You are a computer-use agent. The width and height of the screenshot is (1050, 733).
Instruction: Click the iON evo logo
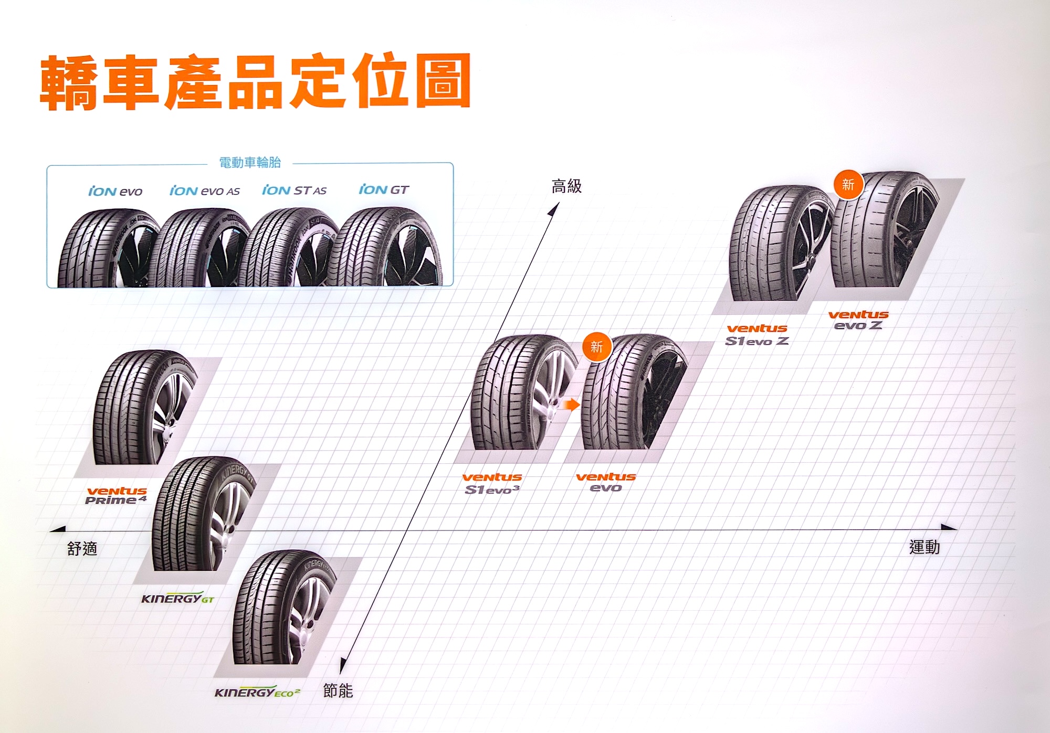[x=115, y=191]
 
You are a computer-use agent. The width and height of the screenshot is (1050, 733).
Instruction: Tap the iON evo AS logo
[x=204, y=191]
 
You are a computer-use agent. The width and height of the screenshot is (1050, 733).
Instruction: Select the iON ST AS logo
[x=294, y=190]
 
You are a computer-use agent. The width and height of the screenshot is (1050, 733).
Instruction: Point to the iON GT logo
[x=383, y=189]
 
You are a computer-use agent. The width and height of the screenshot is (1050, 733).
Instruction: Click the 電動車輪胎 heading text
[x=250, y=163]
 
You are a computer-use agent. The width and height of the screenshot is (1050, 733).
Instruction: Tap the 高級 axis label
[x=566, y=186]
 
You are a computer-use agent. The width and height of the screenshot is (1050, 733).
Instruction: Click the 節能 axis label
[x=338, y=690]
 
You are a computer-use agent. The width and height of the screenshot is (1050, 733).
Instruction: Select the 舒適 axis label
[x=82, y=549]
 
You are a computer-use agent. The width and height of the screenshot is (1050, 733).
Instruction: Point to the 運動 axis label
[x=925, y=547]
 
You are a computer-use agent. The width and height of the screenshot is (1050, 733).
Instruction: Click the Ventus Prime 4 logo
[x=117, y=495]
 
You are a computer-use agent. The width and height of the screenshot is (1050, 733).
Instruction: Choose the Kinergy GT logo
[x=177, y=599]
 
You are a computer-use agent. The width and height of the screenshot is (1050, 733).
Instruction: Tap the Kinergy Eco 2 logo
[x=257, y=693]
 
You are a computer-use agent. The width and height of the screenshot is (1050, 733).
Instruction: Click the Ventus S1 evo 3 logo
[x=492, y=483]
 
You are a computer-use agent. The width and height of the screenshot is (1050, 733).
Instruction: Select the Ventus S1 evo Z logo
[x=757, y=335]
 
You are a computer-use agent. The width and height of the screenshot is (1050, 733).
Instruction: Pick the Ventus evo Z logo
[x=858, y=320]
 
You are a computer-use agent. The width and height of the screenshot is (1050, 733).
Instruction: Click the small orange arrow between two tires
[x=571, y=405]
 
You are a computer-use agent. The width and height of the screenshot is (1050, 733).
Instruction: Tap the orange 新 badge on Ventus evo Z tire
[x=848, y=185]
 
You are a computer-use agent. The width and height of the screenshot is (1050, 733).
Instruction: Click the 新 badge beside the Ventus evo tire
[x=597, y=347]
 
